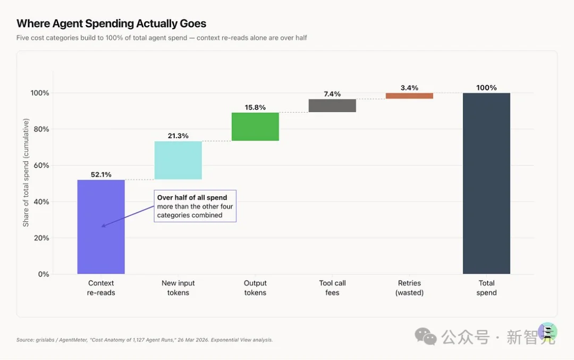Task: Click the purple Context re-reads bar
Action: pyautogui.click(x=101, y=227)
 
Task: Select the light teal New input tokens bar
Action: pyautogui.click(x=178, y=160)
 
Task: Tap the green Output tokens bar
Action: pyautogui.click(x=255, y=127)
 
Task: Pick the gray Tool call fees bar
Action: pyautogui.click(x=332, y=105)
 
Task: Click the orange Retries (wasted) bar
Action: pyautogui.click(x=409, y=96)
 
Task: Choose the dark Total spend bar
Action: pyautogui.click(x=486, y=183)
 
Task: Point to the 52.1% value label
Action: pyautogui.click(x=101, y=175)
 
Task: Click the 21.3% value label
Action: pyautogui.click(x=178, y=136)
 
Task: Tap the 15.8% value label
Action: pyautogui.click(x=255, y=107)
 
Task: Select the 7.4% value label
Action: pyautogui.click(x=332, y=94)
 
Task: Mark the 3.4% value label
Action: pyautogui.click(x=409, y=88)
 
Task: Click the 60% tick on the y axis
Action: pyautogui.click(x=41, y=165)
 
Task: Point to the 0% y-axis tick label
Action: pyautogui.click(x=44, y=274)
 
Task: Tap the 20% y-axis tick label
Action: pyautogui.click(x=41, y=238)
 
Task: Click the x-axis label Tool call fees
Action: pyautogui.click(x=332, y=288)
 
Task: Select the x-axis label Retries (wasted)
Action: pyautogui.click(x=409, y=288)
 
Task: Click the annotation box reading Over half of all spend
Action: pyautogui.click(x=195, y=206)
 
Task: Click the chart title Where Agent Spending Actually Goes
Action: pyautogui.click(x=111, y=23)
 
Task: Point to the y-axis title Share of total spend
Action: pyautogui.click(x=26, y=172)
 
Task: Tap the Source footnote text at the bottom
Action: pyautogui.click(x=145, y=340)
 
